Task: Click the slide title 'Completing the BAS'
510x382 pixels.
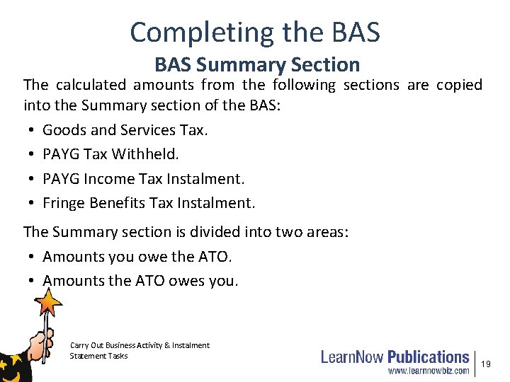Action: (255, 32)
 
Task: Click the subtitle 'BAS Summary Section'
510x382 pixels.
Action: (257, 65)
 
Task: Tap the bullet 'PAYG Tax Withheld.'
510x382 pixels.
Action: (111, 154)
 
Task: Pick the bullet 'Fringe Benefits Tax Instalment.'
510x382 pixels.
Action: (149, 204)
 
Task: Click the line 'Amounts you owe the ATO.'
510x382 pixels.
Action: (137, 256)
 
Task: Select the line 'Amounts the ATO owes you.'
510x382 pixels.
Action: (140, 281)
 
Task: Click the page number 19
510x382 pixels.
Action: (486, 364)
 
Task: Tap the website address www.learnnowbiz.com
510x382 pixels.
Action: (428, 370)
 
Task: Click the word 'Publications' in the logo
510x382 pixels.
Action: (428, 357)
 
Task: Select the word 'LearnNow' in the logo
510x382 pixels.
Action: (353, 357)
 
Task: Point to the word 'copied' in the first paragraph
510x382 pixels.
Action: (459, 86)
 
